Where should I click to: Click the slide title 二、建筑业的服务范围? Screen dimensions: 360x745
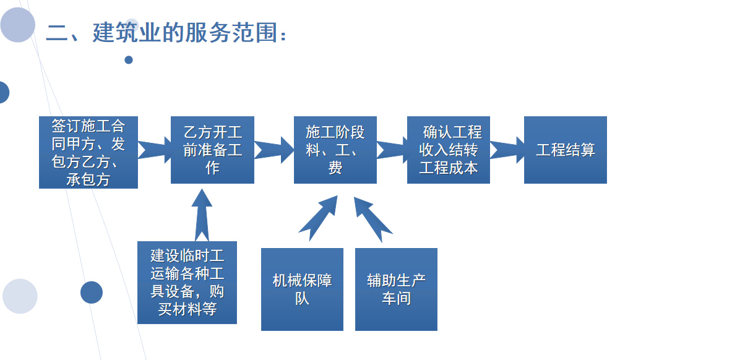pos(167,32)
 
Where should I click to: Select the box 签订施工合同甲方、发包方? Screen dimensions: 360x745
pos(88,152)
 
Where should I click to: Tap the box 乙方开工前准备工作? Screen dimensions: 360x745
pos(212,150)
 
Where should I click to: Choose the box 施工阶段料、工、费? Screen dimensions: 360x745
pos(335,150)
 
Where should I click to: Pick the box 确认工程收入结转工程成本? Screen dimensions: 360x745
pos(448,150)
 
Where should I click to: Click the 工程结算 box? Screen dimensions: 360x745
pos(565,150)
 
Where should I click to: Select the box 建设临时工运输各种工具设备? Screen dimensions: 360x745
pos(187,282)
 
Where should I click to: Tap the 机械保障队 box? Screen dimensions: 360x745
pos(302,289)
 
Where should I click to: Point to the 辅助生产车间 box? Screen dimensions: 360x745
pos(396,289)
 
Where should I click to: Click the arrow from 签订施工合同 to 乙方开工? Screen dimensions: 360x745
pos(154,150)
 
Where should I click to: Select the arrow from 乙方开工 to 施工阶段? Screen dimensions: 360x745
pos(273,150)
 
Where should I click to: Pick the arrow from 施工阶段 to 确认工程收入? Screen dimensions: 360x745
pos(392,150)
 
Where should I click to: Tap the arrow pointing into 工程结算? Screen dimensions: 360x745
pos(507,150)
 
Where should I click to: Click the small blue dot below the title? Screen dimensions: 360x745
pos(129,60)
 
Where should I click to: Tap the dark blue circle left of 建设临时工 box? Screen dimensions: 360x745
pos(92,292)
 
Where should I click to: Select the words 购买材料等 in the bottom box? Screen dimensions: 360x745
pos(187,309)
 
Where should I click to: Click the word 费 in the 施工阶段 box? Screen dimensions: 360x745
pos(335,167)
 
